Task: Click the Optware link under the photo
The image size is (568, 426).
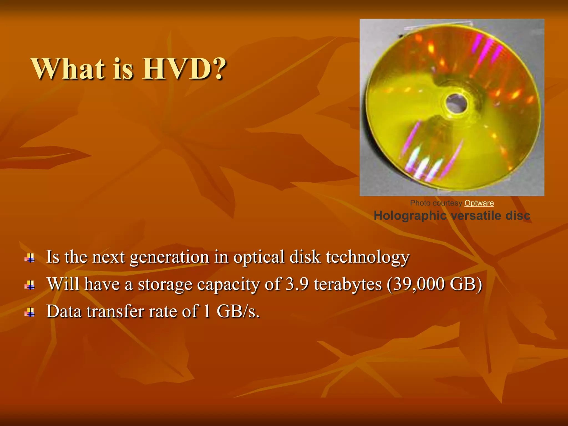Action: coord(479,203)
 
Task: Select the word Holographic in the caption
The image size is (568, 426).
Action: coord(410,216)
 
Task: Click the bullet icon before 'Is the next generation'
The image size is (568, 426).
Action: coord(30,258)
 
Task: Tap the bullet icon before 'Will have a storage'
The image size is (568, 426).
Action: coord(30,285)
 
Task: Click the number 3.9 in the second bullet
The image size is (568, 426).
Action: coord(297,284)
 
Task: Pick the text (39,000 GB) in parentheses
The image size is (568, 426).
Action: coord(434,284)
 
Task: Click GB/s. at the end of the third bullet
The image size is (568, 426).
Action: coord(238,311)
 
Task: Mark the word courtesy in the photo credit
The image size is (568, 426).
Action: coord(447,203)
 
